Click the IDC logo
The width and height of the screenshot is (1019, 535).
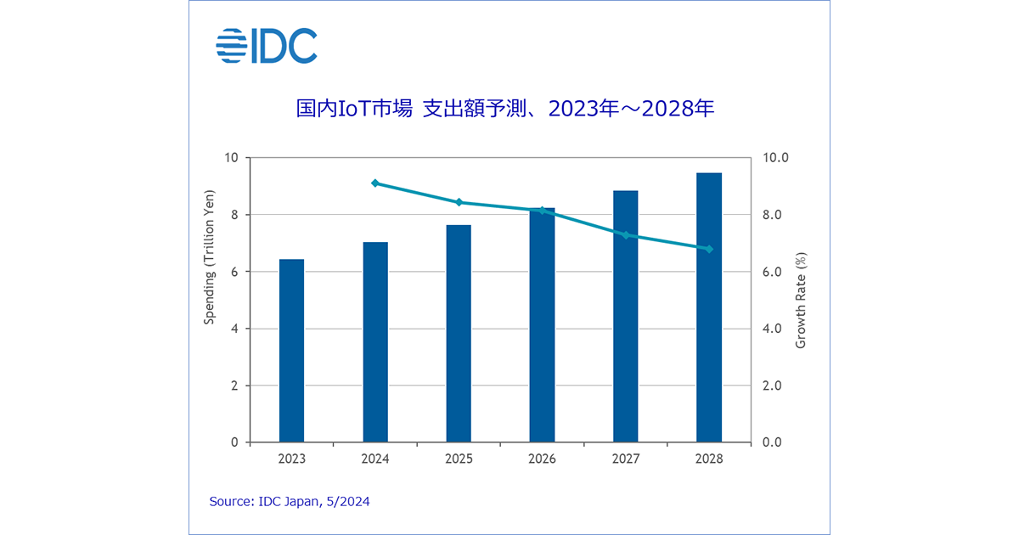coord(267,46)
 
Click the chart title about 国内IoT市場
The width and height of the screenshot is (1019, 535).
coord(504,109)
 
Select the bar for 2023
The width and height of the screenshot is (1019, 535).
coord(291,351)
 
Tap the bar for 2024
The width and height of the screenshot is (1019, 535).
coord(375,342)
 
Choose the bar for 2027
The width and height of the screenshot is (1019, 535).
coord(626,317)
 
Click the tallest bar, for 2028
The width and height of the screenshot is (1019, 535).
coord(709,307)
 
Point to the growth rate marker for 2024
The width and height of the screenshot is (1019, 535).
coord(375,183)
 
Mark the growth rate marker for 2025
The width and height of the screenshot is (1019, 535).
coord(459,202)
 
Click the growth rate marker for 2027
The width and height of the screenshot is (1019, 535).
coord(626,234)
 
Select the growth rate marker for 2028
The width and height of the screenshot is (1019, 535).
coord(709,249)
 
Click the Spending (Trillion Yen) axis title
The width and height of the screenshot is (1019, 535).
coord(210,257)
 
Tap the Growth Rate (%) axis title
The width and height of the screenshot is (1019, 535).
coord(800,300)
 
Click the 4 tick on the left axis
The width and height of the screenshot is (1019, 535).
coord(234,329)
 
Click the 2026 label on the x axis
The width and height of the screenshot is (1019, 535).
coord(542,459)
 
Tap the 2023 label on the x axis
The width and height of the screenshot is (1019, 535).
coord(291,459)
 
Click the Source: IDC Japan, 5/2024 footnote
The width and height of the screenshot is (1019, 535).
coord(290,502)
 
